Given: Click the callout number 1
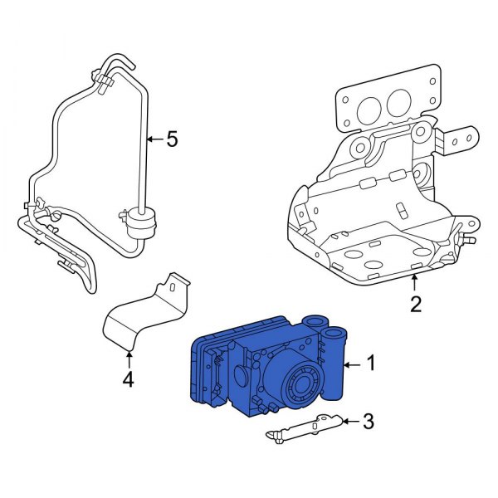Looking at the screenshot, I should [x=371, y=363].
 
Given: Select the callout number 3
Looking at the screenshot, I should [x=368, y=422].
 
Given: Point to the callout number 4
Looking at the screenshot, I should [x=128, y=382].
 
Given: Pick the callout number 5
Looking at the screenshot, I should [x=172, y=139].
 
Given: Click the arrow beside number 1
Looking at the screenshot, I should [x=352, y=364].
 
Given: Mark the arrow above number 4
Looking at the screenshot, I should [x=128, y=359].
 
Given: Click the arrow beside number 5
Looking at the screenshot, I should [x=154, y=139].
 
